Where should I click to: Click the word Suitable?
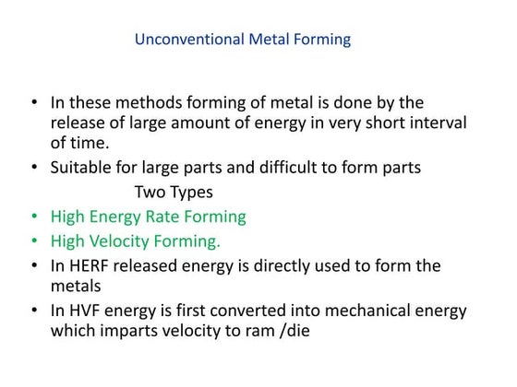tap(82, 168)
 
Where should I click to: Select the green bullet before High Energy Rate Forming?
tap(35, 217)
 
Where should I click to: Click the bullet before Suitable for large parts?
tap(35, 168)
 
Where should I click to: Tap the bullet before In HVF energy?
tap(35, 311)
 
